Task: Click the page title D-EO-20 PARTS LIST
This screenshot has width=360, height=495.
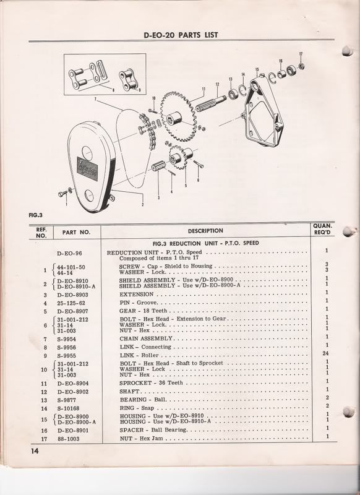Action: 181,35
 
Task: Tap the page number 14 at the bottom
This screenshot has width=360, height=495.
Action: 35,451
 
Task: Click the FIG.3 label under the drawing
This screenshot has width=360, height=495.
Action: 35,215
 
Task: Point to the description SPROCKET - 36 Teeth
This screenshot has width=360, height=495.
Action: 151,383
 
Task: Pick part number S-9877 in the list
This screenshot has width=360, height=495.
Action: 67,400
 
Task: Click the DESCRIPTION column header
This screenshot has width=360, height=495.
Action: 205,231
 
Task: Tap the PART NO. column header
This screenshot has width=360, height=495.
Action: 76,233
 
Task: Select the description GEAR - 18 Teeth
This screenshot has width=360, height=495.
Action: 143,311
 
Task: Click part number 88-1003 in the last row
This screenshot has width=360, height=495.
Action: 69,439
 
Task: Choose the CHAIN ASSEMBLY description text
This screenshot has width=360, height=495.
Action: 146,338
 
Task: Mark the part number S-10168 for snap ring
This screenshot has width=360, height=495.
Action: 68,408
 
